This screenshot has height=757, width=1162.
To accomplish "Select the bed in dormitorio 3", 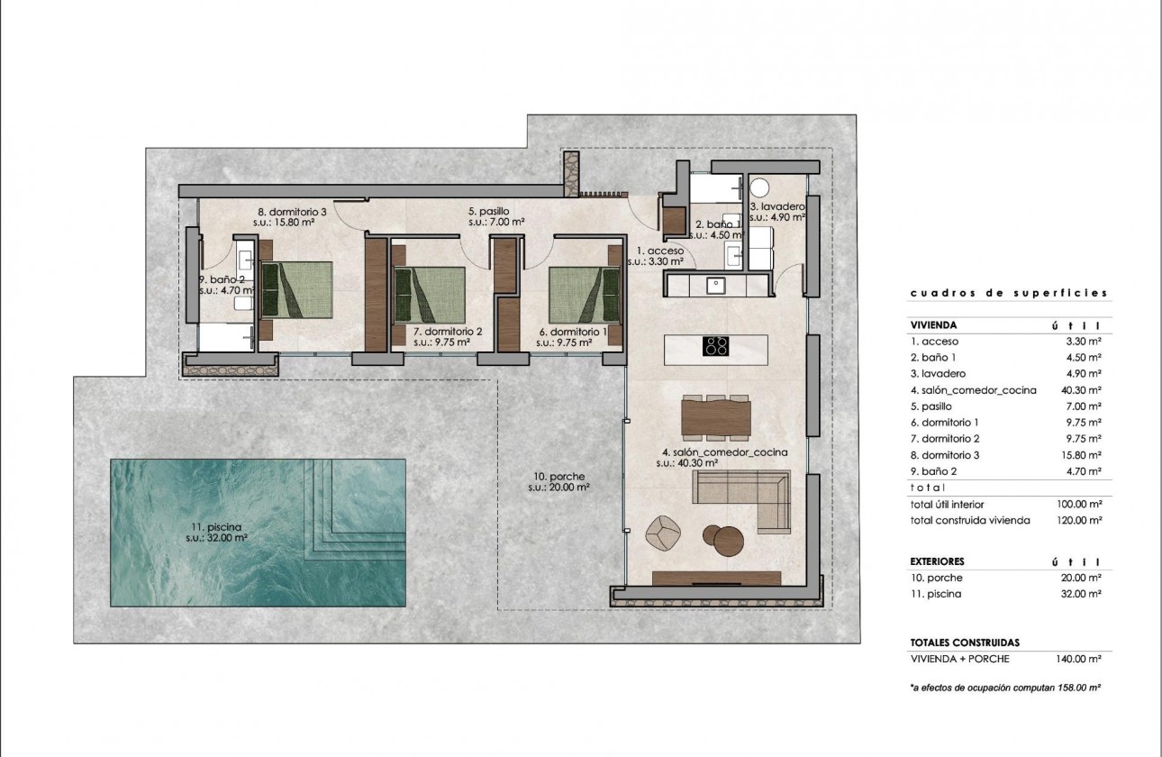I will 297,290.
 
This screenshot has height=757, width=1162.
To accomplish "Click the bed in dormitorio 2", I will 429,295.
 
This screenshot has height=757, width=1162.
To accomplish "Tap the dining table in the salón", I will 716,416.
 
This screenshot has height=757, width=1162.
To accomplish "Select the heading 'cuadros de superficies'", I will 1008,293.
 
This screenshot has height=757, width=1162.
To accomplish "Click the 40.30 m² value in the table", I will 1080,390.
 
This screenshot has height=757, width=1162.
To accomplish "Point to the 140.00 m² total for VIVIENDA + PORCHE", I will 1080,659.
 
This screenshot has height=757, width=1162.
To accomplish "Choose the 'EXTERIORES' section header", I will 939,561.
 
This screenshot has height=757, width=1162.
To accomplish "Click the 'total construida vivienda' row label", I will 969,520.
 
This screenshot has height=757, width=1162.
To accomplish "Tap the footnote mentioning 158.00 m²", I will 1007,688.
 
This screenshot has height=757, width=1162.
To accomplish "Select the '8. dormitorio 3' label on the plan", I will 291,214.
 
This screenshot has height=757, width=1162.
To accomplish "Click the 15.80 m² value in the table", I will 1080,455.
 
